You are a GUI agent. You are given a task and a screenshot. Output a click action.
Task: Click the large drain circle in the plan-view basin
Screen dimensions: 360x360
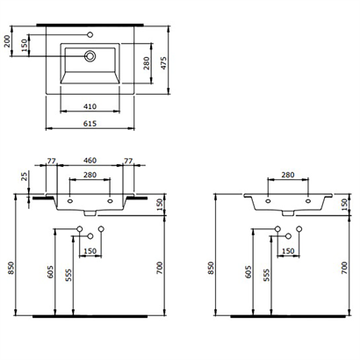(x=90, y=55)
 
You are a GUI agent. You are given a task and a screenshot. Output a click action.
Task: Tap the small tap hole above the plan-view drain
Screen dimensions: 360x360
(x=90, y=36)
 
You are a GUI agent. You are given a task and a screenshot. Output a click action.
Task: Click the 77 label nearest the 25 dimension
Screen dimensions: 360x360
(x=52, y=162)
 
